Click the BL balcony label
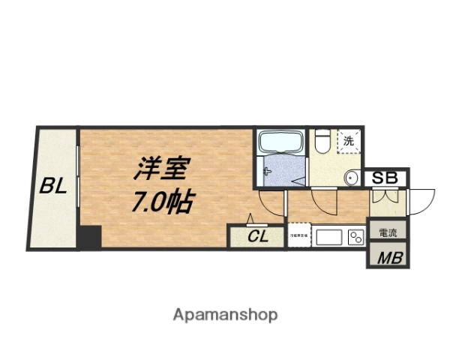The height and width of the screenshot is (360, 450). point(54,185)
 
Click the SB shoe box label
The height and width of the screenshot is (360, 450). point(385,178)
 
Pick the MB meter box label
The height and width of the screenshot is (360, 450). point(387,257)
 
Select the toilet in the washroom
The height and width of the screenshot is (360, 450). point(322,139)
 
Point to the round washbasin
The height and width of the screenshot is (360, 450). point(351,178)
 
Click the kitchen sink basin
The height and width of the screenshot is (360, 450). point(331,237)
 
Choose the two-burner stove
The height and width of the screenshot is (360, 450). point(355,237)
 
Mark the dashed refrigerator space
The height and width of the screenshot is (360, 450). point(299,235)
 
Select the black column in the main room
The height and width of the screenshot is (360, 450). point(90,238)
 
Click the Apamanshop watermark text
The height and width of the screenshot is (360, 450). point(224,314)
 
